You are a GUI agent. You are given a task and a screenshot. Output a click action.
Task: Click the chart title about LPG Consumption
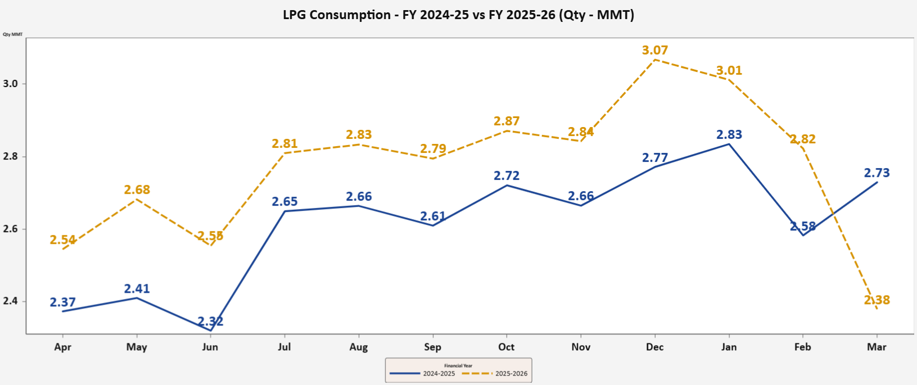(x=458, y=15)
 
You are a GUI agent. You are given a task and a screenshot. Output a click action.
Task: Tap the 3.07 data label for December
(x=655, y=51)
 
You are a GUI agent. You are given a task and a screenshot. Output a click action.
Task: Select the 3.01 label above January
(x=729, y=71)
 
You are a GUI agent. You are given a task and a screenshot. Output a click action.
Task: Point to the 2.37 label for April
(x=62, y=302)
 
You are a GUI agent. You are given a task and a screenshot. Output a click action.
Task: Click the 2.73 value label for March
(x=877, y=173)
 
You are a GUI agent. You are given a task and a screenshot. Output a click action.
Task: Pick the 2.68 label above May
(x=137, y=190)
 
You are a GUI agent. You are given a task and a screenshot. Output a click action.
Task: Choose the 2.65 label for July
(x=285, y=202)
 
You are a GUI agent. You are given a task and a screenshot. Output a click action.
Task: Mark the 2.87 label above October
(x=507, y=121)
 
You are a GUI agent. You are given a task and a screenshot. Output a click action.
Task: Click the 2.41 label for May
(x=137, y=289)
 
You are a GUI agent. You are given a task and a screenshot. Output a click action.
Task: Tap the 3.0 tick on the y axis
(x=11, y=84)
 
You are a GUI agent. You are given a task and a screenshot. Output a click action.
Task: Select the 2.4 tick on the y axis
(x=11, y=301)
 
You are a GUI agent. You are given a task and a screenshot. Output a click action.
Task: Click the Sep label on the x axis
(x=432, y=347)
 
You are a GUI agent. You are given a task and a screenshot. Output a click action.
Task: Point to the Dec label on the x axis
(x=654, y=347)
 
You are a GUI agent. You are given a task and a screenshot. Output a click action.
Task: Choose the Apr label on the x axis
(x=62, y=347)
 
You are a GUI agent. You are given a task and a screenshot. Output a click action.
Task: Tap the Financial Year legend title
(x=458, y=365)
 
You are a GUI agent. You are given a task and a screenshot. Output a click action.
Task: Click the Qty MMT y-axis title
(x=12, y=34)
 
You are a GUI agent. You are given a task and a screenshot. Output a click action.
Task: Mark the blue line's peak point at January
(x=729, y=144)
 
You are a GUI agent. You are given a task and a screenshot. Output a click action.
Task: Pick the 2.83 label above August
(x=359, y=135)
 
